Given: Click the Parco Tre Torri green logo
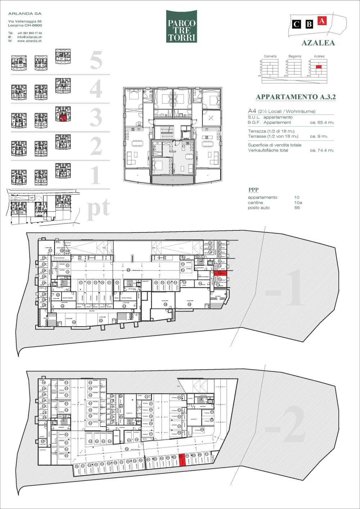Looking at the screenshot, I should (x=181, y=26).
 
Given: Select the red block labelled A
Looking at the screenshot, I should (x=321, y=21).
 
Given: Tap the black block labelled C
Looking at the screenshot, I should (x=296, y=24).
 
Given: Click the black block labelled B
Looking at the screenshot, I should (x=309, y=24).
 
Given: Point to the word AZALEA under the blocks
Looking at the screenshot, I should (x=318, y=43).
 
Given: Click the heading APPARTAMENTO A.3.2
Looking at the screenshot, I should (x=296, y=97).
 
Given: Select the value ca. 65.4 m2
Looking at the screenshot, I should (x=322, y=122).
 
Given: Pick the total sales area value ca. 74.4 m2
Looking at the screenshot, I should (x=322, y=150).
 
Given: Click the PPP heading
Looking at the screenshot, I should (x=253, y=190).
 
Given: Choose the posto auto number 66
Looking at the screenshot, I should (x=297, y=208).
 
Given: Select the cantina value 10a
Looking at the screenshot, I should (x=298, y=203).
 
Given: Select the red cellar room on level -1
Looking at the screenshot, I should (x=220, y=274).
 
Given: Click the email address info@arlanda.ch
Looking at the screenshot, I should (x=29, y=37).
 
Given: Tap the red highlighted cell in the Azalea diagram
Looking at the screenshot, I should (x=319, y=67).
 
